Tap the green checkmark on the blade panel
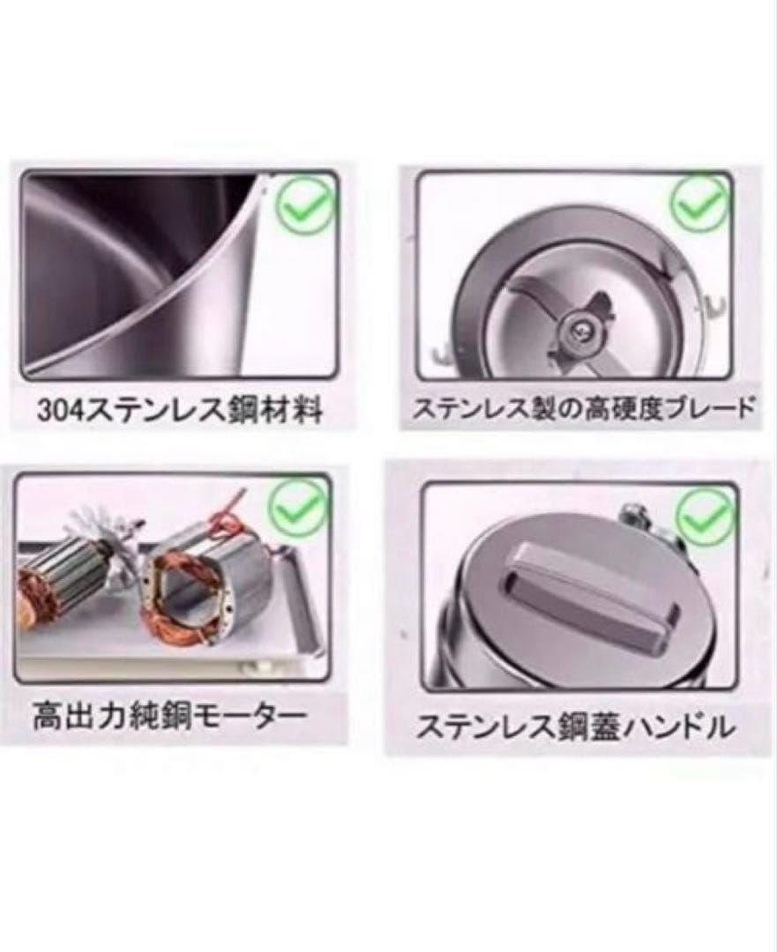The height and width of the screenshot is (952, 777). pos(700,205)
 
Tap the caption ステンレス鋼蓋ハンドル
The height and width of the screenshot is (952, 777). pos(574,726)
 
